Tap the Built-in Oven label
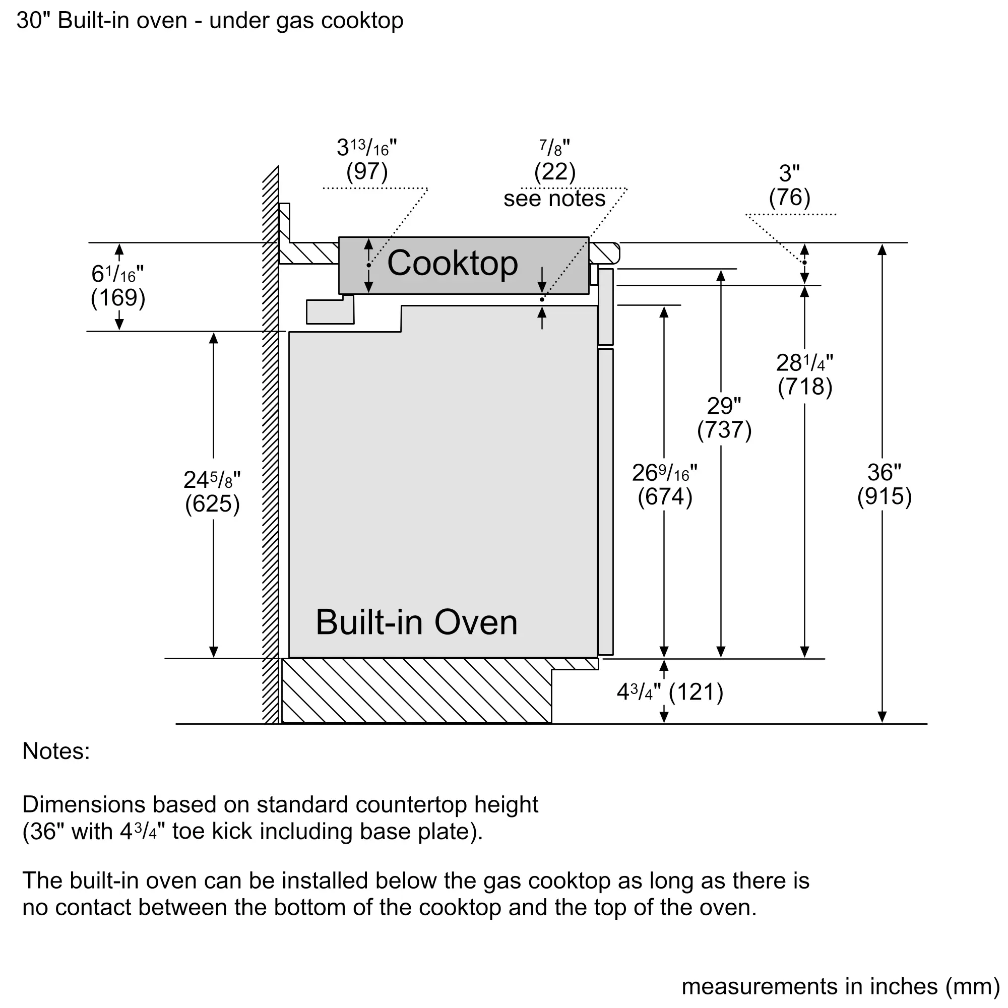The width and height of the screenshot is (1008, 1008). (x=416, y=622)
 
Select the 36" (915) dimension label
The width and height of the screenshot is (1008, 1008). (x=884, y=484)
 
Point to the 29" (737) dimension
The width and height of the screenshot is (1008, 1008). (x=724, y=417)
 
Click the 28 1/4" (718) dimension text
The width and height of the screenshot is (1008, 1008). (x=804, y=374)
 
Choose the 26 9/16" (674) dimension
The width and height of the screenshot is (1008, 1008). (x=664, y=484)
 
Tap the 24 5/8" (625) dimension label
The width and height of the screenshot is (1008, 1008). (x=212, y=491)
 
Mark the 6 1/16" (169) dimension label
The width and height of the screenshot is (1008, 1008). (x=118, y=286)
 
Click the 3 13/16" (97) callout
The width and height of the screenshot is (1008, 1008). (x=367, y=160)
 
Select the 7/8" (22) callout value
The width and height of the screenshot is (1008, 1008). (x=554, y=160)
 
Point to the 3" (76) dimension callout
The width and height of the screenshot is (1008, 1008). (x=789, y=185)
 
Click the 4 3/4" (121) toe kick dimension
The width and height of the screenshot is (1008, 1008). (x=670, y=692)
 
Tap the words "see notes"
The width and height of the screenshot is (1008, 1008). (x=554, y=199)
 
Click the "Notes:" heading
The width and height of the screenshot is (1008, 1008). (x=56, y=751)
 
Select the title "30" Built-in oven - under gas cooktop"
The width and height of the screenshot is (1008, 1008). (x=210, y=21)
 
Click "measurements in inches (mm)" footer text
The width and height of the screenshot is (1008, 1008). (x=840, y=986)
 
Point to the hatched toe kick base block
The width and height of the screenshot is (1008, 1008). (x=416, y=691)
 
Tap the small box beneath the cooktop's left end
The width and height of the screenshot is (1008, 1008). (x=330, y=311)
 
